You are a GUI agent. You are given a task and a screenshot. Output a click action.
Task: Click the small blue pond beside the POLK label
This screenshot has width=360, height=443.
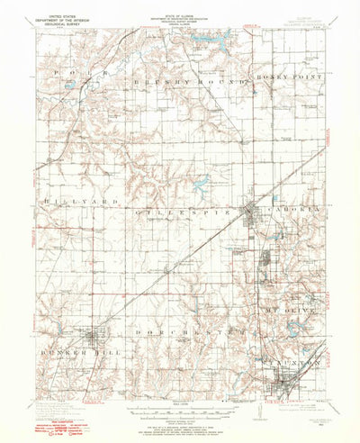click(70, 87)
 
